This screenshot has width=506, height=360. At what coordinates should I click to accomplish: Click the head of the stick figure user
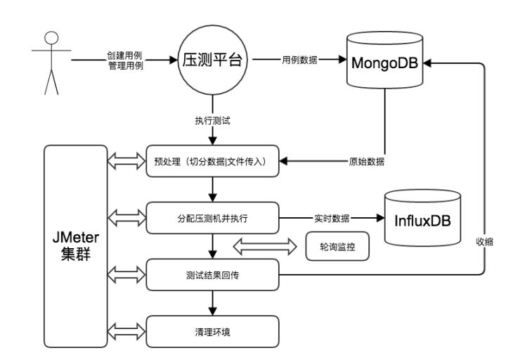(51, 38)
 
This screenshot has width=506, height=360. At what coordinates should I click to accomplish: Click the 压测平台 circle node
(212, 60)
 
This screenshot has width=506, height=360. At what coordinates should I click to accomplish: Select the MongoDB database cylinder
(384, 60)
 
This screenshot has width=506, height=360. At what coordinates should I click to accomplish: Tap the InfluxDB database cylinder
(422, 218)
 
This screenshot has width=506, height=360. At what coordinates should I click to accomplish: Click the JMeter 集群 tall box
(75, 246)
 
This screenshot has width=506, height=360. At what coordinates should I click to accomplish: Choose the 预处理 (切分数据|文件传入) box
(212, 161)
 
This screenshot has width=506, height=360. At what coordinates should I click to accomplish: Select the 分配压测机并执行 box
(212, 218)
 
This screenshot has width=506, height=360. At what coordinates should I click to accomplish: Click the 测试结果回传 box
(212, 275)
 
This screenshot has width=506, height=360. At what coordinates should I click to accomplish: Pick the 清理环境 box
(212, 332)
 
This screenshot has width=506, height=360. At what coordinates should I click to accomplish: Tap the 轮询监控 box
(337, 246)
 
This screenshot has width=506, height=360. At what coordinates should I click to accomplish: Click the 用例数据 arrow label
(300, 60)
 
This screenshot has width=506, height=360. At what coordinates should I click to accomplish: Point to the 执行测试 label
(212, 121)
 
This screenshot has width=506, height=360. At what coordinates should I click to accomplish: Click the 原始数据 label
(367, 161)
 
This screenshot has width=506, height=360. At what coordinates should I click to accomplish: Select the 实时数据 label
(332, 218)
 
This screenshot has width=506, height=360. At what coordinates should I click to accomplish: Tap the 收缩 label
(484, 241)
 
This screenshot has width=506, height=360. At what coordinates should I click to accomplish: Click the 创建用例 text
(124, 56)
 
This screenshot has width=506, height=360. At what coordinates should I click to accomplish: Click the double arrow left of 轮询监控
(265, 247)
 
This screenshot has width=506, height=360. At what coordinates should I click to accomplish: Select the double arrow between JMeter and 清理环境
(126, 332)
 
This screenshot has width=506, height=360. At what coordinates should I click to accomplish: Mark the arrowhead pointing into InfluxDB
(380, 218)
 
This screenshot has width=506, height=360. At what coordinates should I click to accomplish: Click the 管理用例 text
(126, 65)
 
